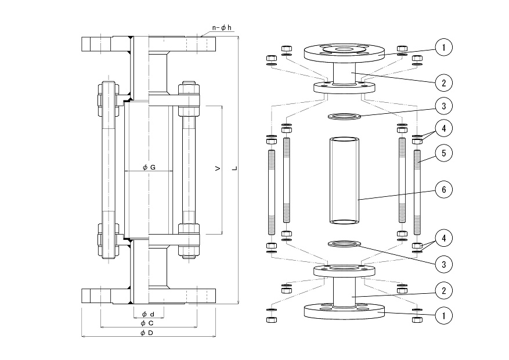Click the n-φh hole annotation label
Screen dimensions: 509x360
click(x=222, y=28)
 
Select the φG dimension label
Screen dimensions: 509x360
click(x=149, y=167)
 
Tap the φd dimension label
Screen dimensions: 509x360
click(x=148, y=314)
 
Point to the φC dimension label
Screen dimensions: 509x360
click(x=147, y=323)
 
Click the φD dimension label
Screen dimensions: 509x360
click(x=147, y=333)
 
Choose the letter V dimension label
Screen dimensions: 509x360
click(x=218, y=168)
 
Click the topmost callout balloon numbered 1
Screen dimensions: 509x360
click(x=444, y=48)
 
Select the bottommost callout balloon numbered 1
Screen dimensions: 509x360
click(x=444, y=315)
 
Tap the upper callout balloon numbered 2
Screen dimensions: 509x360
click(x=444, y=83)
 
